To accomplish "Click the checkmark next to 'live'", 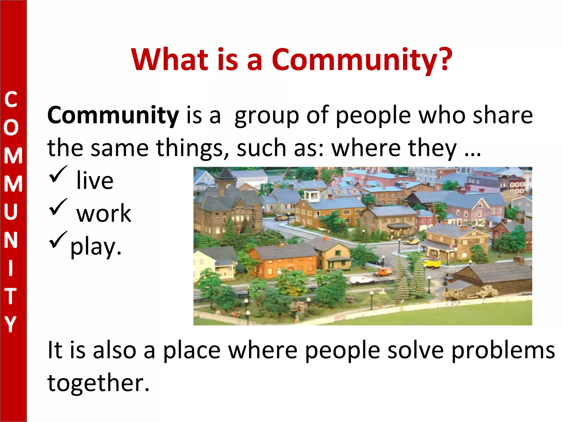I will [x=58, y=175].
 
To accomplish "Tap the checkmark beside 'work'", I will [x=58, y=208].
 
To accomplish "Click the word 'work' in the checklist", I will [x=104, y=214].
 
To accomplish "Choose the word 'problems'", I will [x=503, y=351].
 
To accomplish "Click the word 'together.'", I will [x=98, y=383].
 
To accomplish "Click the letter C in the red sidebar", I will [x=11, y=100].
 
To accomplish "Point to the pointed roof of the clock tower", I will [x=225, y=174].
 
